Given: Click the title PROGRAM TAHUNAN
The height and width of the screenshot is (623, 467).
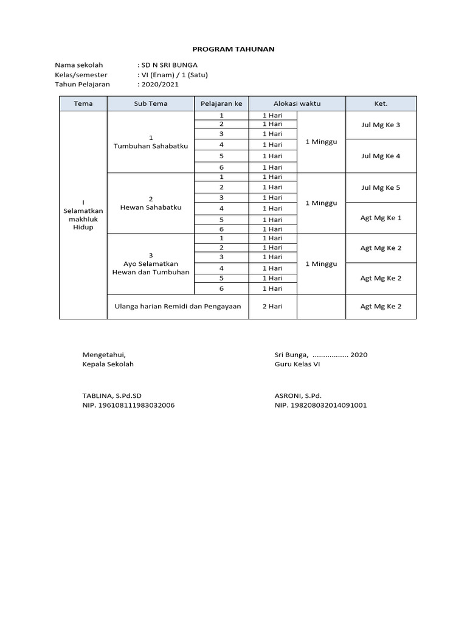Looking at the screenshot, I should pyautogui.click(x=233, y=48).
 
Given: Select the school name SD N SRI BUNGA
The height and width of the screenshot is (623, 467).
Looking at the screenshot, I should pyautogui.click(x=169, y=64).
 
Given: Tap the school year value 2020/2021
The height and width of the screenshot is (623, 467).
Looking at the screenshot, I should pyautogui.click(x=160, y=85).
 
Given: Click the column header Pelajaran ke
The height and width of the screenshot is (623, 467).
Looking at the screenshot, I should pyautogui.click(x=221, y=103).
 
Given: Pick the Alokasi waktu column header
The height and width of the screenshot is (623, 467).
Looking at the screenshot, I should pyautogui.click(x=297, y=103).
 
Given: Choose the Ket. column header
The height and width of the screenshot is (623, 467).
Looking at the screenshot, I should pyautogui.click(x=381, y=103).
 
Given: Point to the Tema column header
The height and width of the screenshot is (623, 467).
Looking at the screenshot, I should pyautogui.click(x=83, y=103).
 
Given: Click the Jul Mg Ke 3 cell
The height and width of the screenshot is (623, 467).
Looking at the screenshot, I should pyautogui.click(x=381, y=125).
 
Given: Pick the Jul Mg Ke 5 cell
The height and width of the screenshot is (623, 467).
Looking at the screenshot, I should pyautogui.click(x=381, y=187).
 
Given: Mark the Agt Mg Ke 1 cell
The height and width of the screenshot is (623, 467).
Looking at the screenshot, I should pyautogui.click(x=381, y=218).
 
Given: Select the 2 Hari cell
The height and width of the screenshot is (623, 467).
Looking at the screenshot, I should pyautogui.click(x=272, y=307).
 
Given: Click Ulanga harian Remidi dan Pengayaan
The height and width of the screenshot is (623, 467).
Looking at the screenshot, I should pyautogui.click(x=178, y=307).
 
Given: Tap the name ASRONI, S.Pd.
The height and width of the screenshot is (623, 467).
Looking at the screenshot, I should pyautogui.click(x=298, y=395).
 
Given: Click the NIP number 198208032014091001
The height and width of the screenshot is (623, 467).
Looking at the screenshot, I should pyautogui.click(x=320, y=405).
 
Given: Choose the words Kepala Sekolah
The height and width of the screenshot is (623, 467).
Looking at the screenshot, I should pyautogui.click(x=108, y=364).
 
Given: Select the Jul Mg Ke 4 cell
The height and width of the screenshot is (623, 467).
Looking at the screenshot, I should pyautogui.click(x=381, y=156).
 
